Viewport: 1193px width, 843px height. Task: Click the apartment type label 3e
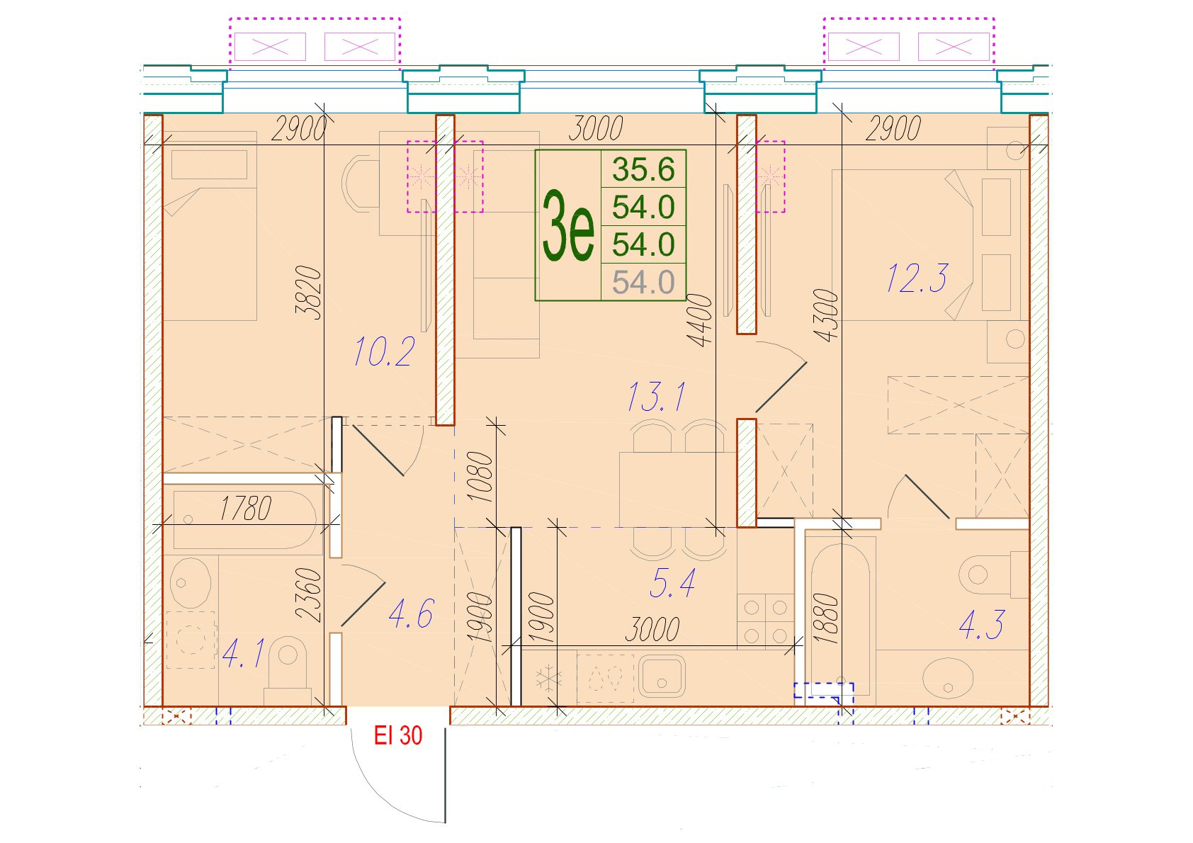[567, 226]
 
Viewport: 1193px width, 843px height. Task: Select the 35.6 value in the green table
[643, 169]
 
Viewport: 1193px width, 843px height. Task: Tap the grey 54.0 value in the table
[643, 282]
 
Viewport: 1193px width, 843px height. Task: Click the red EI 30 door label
[398, 735]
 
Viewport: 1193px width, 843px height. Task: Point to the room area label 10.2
[383, 351]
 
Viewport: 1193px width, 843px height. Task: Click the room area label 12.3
[917, 278]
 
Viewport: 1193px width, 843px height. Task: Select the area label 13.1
[657, 397]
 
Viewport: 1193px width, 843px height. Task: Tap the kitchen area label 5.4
[673, 583]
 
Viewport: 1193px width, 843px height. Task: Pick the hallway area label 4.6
[411, 614]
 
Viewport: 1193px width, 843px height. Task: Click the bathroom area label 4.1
[243, 653]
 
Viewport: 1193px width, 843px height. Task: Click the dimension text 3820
[310, 293]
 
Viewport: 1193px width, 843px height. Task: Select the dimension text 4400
[701, 321]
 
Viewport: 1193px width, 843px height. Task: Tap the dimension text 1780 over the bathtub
[246, 509]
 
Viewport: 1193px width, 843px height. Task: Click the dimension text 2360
[310, 595]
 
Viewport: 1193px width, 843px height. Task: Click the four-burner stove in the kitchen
[766, 621]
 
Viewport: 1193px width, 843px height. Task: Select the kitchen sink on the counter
[662, 677]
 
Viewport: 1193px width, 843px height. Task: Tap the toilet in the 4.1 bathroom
[288, 670]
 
